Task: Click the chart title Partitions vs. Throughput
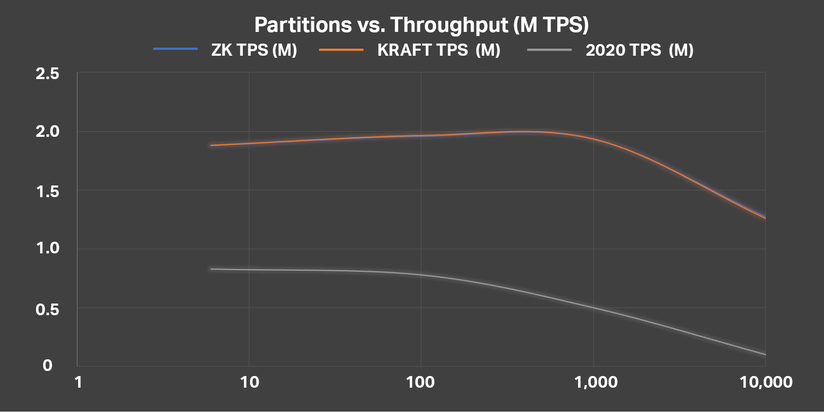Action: (421, 24)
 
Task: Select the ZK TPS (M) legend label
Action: (254, 50)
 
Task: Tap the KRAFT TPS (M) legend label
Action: (439, 50)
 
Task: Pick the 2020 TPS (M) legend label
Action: (639, 50)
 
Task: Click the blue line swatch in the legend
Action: (175, 49)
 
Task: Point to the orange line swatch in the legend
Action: (341, 49)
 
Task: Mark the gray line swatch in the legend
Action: (549, 49)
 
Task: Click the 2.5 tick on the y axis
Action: (47, 74)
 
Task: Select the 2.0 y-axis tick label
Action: (47, 132)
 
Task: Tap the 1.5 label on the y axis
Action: (47, 191)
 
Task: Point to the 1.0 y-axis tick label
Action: (47, 248)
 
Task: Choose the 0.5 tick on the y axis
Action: (47, 308)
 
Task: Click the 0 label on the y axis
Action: (47, 365)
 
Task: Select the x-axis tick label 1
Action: (78, 382)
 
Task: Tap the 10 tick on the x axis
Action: (249, 382)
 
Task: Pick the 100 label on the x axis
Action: (420, 382)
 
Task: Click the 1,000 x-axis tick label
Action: (596, 382)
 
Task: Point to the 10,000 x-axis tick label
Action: (766, 382)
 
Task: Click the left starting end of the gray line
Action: (211, 269)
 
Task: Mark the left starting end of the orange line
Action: (211, 145)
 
